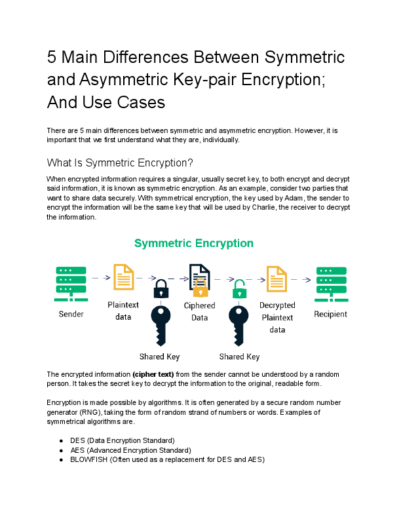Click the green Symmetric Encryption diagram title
coord(194,243)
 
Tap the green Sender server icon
coord(71,280)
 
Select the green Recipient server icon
coord(331,280)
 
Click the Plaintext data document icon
coord(124,278)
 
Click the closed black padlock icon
coord(161,288)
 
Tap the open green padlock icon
coord(240,287)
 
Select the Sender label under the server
coord(71,315)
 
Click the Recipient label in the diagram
coord(331,315)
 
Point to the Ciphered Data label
coord(199,311)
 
